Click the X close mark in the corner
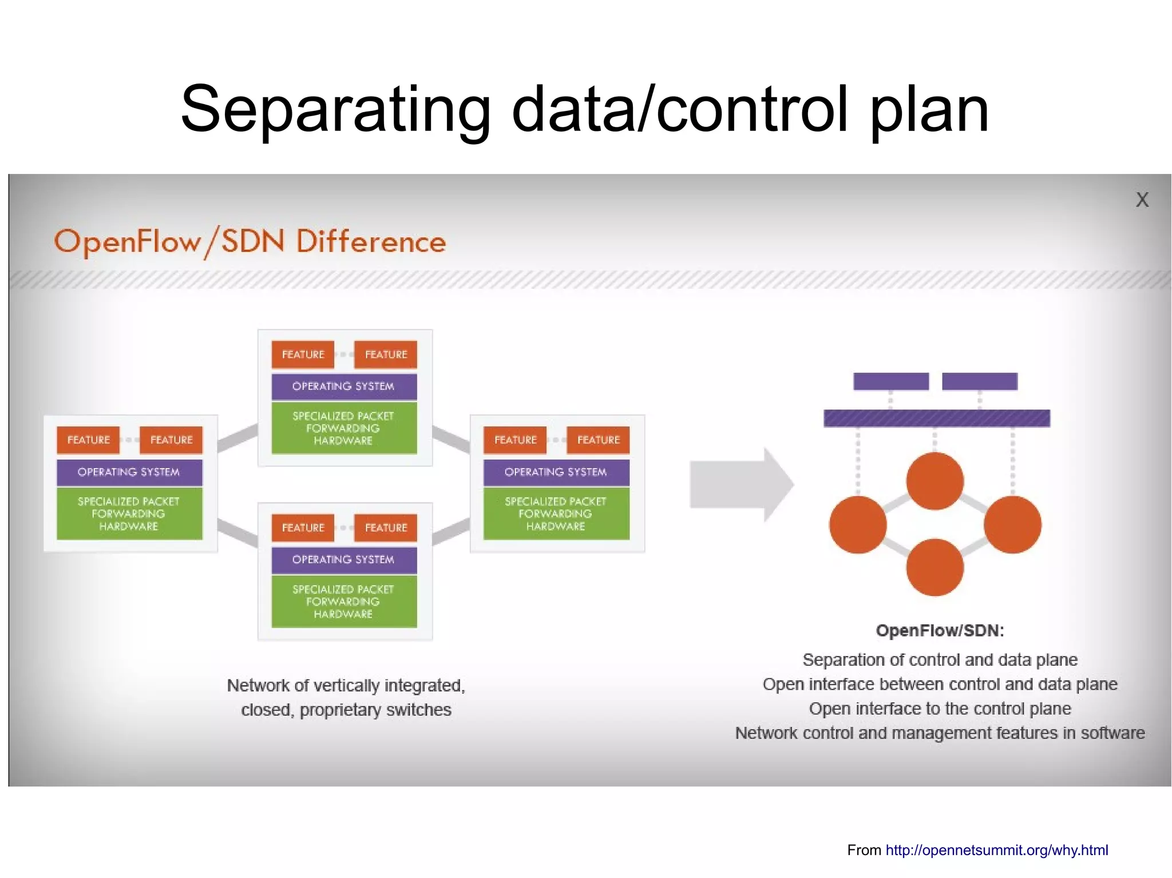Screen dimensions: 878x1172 point(1142,200)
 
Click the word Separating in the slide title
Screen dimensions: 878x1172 point(335,110)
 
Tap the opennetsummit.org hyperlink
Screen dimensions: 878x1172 point(996,850)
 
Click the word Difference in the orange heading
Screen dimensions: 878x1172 point(371,241)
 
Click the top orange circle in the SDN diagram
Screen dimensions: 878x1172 point(935,481)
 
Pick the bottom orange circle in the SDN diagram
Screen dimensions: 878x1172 point(935,567)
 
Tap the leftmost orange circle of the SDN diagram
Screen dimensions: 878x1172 point(857,525)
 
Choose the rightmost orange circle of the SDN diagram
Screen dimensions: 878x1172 point(1012,525)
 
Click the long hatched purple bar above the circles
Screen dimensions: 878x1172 point(936,418)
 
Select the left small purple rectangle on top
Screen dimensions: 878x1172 point(890,381)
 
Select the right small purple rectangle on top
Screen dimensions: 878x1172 point(979,381)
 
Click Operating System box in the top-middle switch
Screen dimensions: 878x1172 point(343,386)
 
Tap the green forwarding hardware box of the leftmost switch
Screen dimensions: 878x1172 point(129,514)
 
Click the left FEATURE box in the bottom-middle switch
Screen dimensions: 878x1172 point(303,527)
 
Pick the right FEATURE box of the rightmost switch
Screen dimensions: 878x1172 point(598,440)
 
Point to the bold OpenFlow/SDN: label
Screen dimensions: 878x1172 point(940,630)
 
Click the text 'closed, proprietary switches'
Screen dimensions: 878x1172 point(346,710)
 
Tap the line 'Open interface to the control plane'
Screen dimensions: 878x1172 point(940,709)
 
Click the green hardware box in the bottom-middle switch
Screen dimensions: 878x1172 point(343,601)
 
